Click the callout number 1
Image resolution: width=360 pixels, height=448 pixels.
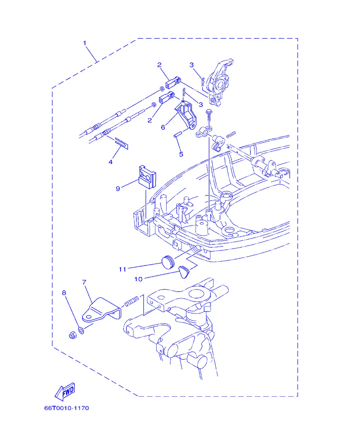85,43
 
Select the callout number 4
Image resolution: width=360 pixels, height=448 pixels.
111,162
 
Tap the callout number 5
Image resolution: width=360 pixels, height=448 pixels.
181,154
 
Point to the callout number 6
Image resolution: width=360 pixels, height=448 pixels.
163,127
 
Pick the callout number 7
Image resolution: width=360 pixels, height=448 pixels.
84,282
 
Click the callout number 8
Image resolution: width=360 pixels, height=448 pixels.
64,293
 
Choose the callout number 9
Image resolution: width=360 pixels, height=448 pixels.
118,189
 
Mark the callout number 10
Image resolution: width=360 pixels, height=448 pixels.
138,279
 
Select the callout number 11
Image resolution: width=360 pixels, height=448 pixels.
123,269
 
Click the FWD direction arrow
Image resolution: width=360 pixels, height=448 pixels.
65,392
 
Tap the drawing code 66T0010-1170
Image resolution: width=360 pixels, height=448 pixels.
67,408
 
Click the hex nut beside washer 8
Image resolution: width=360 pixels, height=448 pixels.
73,335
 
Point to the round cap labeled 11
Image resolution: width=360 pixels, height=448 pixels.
168,262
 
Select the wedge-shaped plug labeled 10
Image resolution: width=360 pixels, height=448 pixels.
184,272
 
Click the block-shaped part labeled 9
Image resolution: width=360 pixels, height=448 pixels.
147,177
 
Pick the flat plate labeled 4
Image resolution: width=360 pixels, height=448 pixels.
121,143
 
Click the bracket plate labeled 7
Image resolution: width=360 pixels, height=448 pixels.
101,310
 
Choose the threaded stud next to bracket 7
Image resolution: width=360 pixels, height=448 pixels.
132,301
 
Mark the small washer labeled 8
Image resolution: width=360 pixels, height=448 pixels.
81,330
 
